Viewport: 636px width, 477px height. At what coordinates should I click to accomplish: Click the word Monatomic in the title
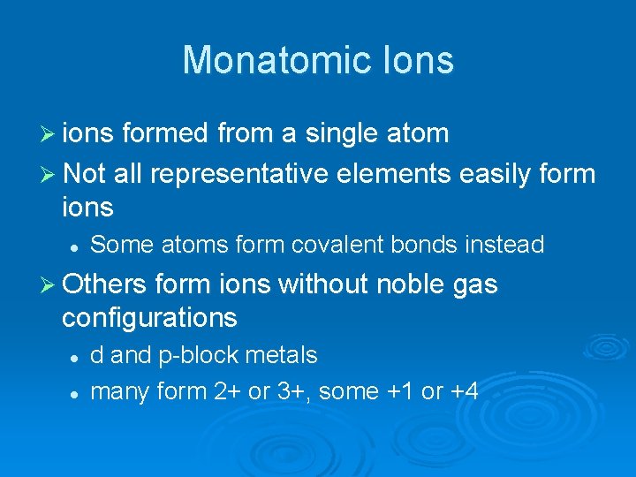(266, 60)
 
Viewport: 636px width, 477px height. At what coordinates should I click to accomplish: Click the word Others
(104, 284)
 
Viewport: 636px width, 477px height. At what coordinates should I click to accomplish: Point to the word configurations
(149, 316)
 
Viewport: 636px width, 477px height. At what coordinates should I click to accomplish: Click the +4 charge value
(463, 390)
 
